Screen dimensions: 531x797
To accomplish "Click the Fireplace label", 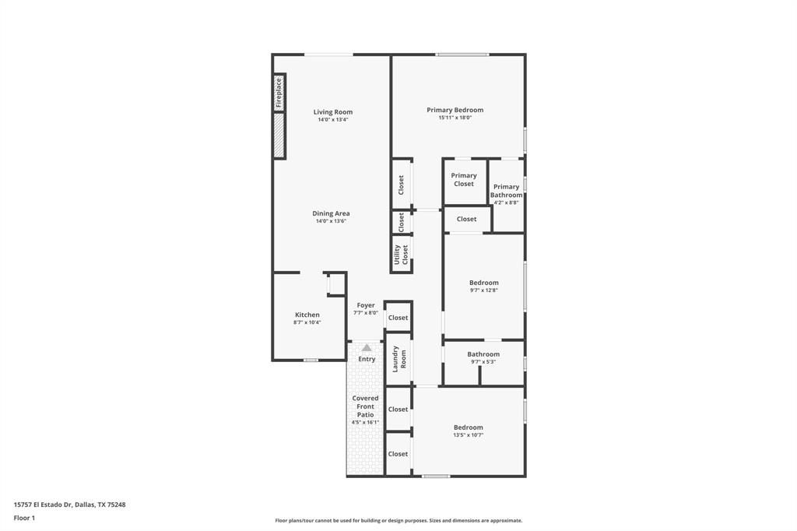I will point(279,93).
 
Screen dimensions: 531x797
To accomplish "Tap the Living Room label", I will point(332,112).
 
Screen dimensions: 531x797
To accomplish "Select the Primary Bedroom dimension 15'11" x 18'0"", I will point(455,118).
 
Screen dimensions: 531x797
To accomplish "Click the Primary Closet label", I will point(464,180).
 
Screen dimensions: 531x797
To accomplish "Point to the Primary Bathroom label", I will point(506,191).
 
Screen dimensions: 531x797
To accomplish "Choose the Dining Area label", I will point(331,213).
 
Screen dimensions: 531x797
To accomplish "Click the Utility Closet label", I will point(401,255).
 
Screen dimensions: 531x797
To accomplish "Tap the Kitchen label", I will point(307,315).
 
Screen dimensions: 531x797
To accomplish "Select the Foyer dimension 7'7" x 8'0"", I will point(366,313).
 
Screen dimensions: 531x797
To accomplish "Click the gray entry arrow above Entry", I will point(367,347).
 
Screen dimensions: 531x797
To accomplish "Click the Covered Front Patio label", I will point(365,406).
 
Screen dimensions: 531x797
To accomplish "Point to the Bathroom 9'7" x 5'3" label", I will point(483,354).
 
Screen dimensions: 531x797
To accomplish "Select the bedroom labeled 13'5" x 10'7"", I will point(469,427).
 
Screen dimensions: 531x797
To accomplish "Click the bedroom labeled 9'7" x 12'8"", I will point(483,283).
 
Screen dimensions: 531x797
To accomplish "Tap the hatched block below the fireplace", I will point(279,135).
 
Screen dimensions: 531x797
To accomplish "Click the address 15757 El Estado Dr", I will point(69,505).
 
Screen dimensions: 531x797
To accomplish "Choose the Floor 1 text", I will point(24,518).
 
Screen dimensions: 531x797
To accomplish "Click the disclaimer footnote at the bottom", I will point(398,521).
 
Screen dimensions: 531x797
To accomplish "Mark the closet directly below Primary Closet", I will point(466,219).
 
